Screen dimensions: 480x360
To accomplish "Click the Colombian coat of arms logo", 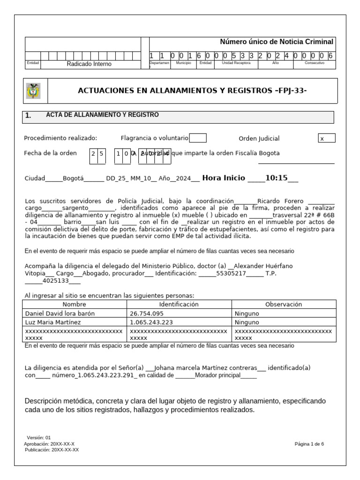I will click(33, 90).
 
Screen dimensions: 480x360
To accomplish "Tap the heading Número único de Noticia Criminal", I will click(277, 42).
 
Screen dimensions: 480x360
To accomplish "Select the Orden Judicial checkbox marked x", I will click(326, 138).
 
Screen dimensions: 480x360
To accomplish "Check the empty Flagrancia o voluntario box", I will click(198, 138).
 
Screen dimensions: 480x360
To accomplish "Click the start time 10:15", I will click(276, 178).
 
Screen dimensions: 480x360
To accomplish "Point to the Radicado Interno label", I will click(89, 64).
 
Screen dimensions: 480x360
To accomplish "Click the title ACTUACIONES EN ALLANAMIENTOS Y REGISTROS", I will click(192, 90).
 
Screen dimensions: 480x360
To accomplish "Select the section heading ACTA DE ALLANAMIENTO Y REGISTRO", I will click(102, 115).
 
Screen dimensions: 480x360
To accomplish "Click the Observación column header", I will click(283, 304).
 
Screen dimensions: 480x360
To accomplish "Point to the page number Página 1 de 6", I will click(309, 444).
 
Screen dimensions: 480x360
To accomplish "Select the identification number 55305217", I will click(231, 273).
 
